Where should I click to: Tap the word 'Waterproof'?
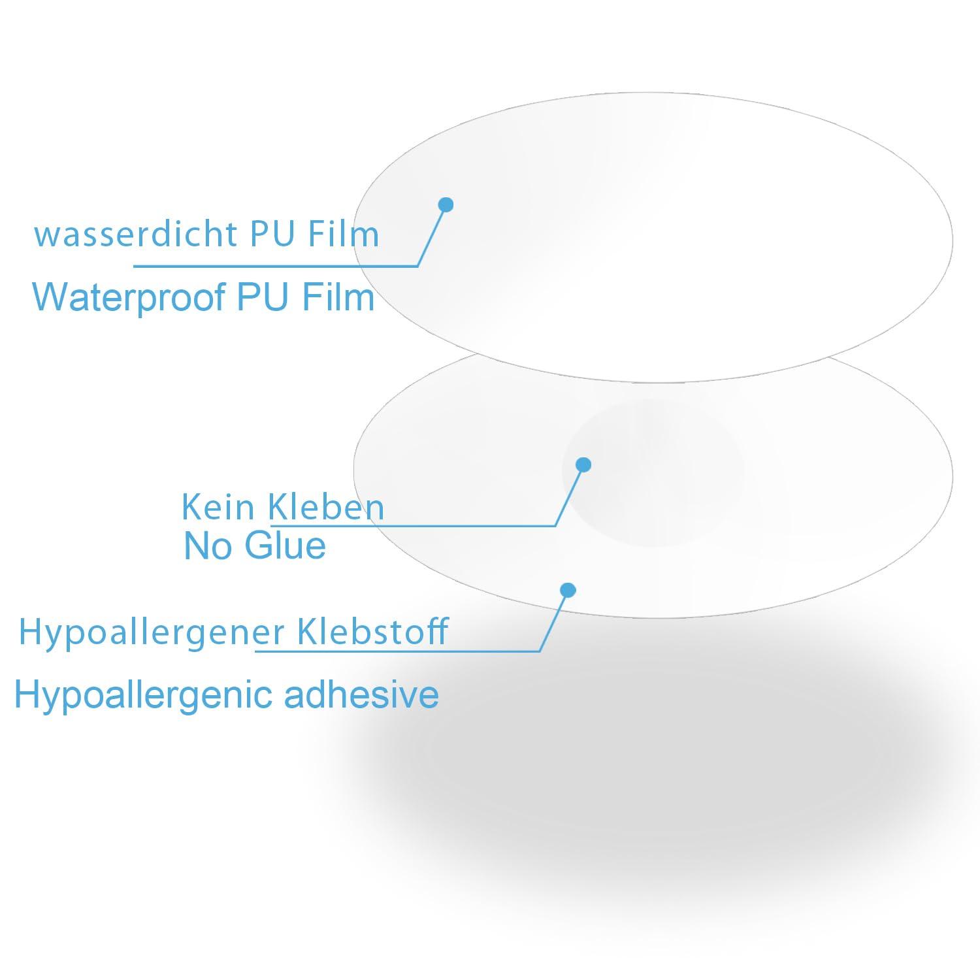128,297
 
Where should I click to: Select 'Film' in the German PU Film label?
344,234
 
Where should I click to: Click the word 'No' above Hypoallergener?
208,546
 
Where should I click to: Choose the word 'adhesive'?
361,694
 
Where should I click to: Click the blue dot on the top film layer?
446,204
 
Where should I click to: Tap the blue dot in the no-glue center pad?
583,465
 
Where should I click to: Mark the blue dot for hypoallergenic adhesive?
568,591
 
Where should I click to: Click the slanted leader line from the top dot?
431,235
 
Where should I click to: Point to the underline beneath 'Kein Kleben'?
413,525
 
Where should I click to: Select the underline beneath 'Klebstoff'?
397,651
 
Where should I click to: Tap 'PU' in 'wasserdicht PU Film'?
272,234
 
